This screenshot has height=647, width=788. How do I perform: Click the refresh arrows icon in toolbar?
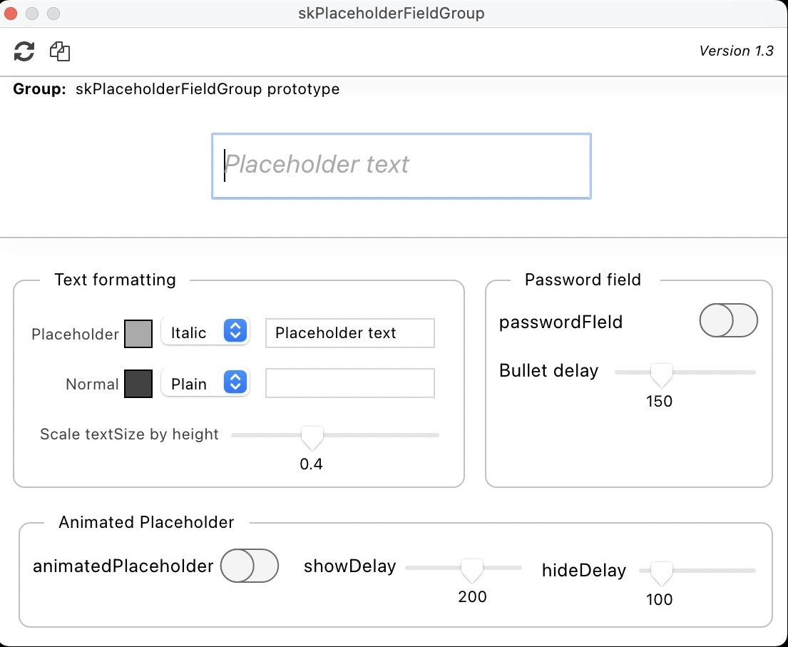(x=24, y=51)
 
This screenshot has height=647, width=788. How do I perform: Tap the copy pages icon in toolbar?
(x=60, y=51)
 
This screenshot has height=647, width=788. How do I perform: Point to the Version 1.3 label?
(x=736, y=51)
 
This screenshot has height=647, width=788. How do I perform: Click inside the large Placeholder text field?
(x=401, y=165)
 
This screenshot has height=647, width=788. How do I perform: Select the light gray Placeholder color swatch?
(x=138, y=334)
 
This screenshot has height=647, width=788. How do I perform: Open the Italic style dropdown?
(x=205, y=332)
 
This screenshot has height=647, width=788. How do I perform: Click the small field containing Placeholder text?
(x=349, y=333)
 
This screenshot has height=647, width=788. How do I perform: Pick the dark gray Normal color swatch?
(x=138, y=384)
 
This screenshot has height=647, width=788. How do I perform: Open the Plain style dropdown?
(x=205, y=384)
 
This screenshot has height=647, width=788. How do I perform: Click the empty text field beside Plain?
(x=349, y=383)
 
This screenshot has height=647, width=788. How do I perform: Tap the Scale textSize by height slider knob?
(x=312, y=437)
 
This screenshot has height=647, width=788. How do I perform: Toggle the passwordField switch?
(x=728, y=321)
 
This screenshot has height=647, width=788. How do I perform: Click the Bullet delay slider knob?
(x=662, y=373)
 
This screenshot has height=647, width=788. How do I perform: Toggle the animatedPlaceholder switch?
(x=249, y=566)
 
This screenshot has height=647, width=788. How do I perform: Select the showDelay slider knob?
(x=471, y=569)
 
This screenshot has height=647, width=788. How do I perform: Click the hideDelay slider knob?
(x=661, y=572)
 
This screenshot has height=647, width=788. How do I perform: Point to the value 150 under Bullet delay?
(x=659, y=402)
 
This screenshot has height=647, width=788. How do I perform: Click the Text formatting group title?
(x=115, y=280)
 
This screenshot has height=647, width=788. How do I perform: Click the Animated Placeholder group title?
(x=146, y=523)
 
